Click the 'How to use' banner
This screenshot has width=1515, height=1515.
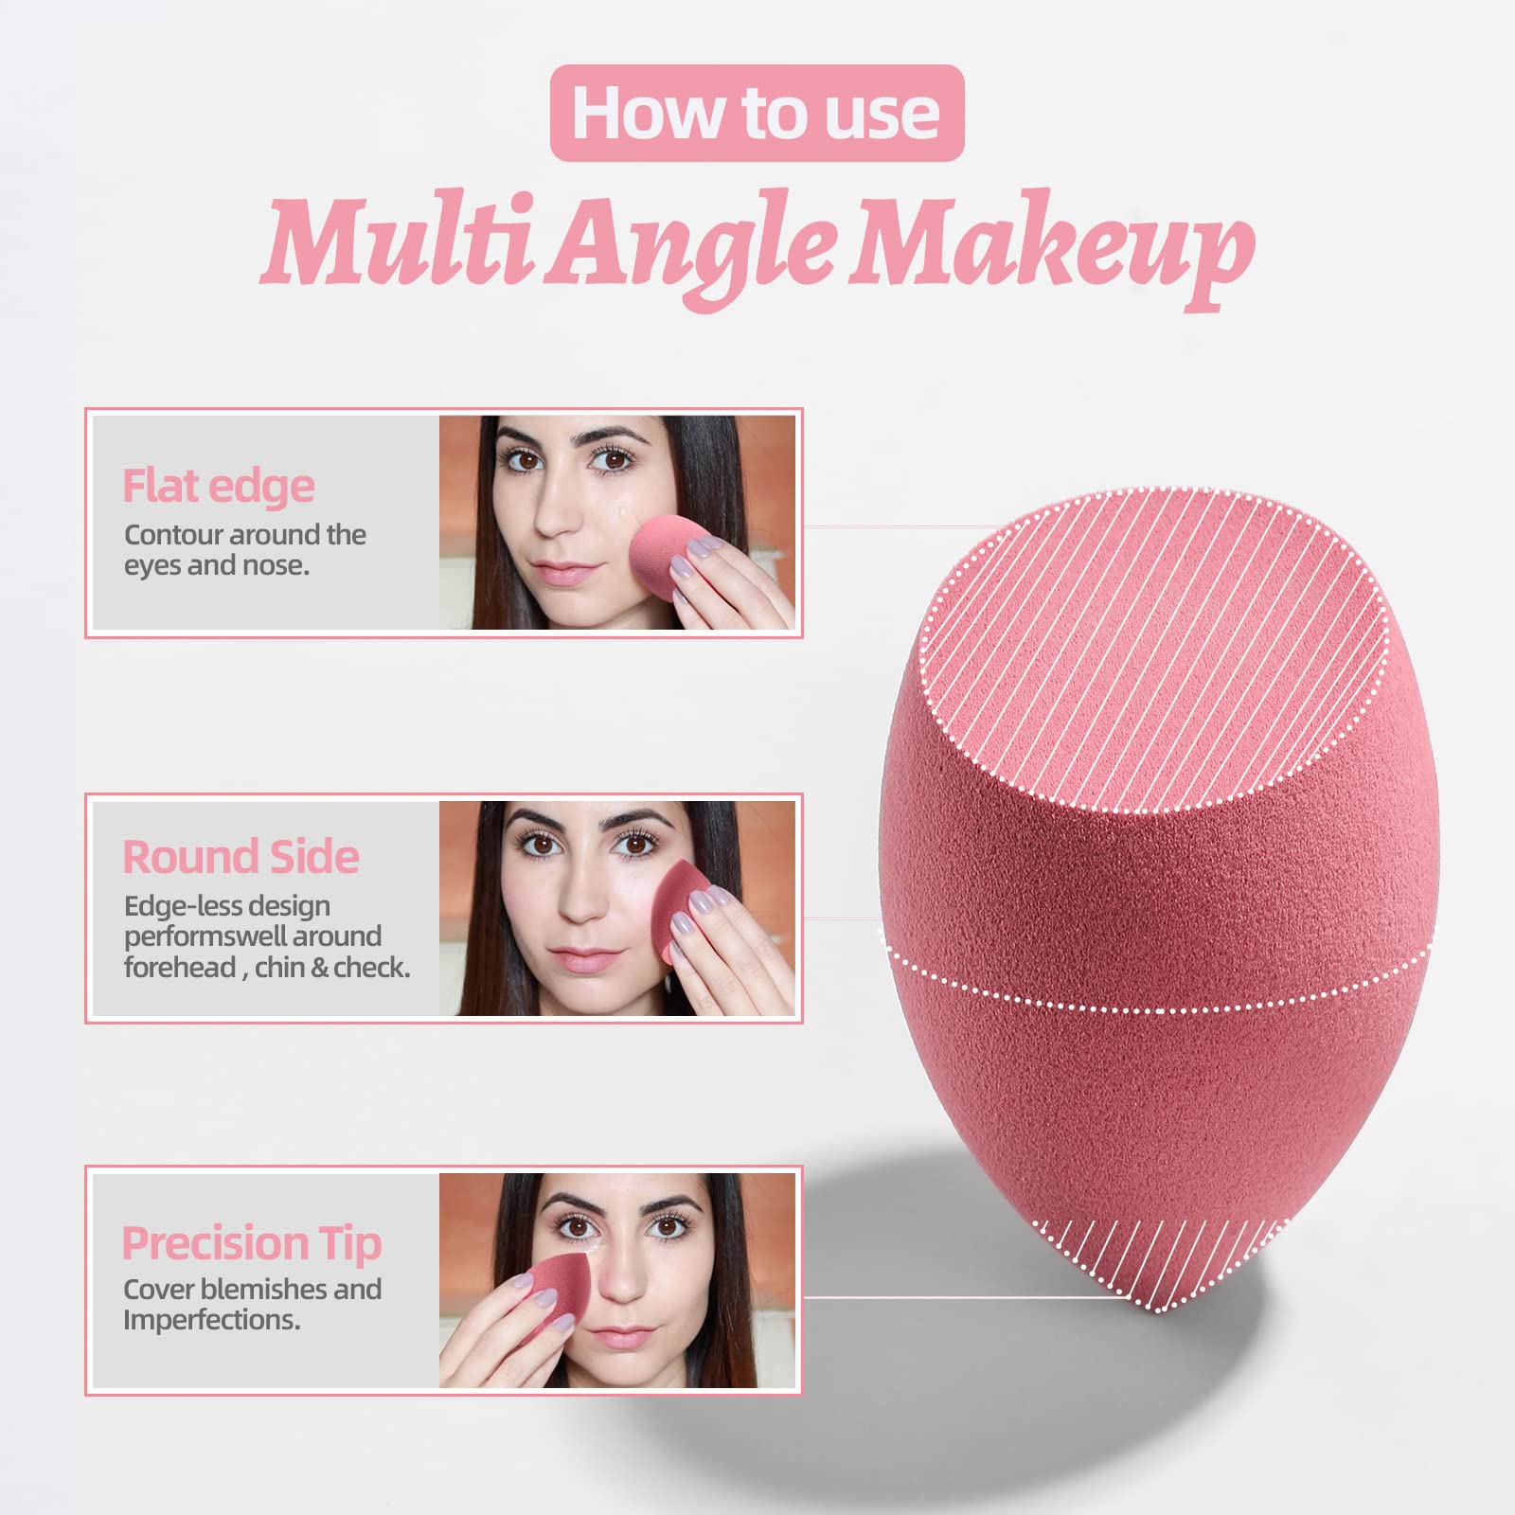[757, 113]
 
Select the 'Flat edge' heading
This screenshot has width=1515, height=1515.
[218, 486]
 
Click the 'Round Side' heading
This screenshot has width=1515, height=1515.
[241, 857]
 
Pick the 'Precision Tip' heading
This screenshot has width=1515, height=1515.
[252, 1242]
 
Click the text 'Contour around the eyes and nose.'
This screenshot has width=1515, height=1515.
[244, 550]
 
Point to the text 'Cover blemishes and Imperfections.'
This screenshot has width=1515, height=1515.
[252, 1304]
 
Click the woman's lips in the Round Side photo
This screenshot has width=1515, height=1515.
[579, 959]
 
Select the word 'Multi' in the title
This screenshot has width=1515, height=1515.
[398, 241]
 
